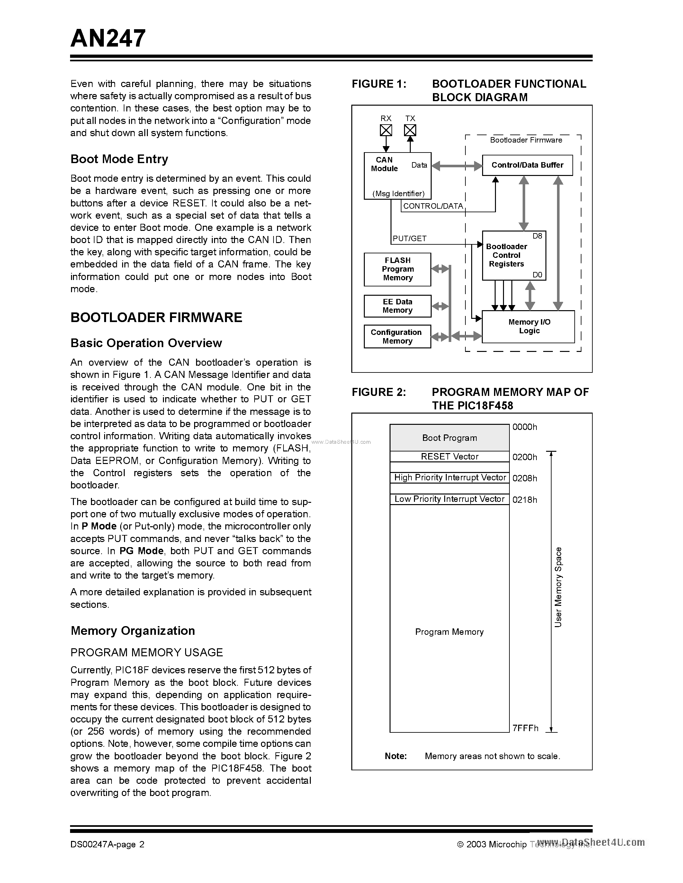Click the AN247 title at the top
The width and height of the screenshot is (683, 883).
(108, 39)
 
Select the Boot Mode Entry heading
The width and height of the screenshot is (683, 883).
(119, 159)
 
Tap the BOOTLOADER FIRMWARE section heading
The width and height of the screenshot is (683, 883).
(156, 317)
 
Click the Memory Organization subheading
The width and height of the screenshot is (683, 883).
(133, 630)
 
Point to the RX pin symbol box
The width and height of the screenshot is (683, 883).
(386, 130)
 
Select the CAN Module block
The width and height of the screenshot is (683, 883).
(397, 175)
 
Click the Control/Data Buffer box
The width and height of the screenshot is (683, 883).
(527, 165)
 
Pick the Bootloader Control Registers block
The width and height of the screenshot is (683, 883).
(514, 255)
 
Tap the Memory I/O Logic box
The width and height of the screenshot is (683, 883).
(528, 326)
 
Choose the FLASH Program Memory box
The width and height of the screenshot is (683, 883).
(397, 269)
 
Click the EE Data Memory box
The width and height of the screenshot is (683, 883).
(397, 306)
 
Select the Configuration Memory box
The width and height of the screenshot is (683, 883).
(397, 337)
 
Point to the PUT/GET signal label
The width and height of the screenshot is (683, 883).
(409, 239)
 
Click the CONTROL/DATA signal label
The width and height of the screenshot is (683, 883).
(433, 206)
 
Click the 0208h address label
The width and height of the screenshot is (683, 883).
(525, 478)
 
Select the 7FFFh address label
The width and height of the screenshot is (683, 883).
(525, 728)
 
